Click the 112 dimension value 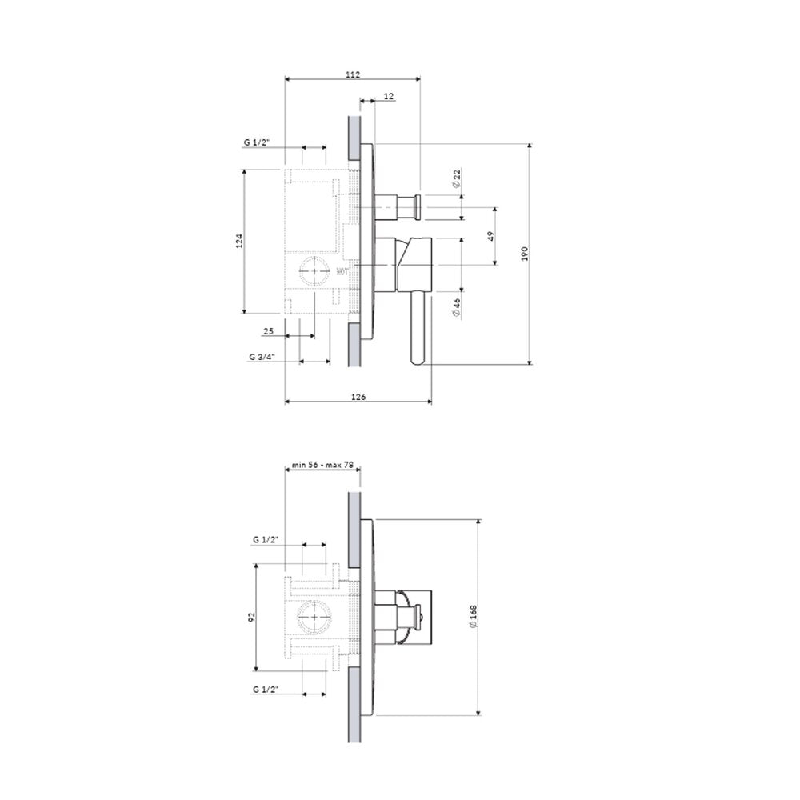pos(353,74)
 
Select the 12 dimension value pos(388,96)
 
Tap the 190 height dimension pos(525,254)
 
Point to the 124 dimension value pos(238,241)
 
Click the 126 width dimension pos(358,397)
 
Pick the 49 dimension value pos(490,236)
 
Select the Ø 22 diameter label pos(457,178)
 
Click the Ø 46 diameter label pos(457,308)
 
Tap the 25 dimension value pos(268,331)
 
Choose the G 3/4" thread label pos(262,357)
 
